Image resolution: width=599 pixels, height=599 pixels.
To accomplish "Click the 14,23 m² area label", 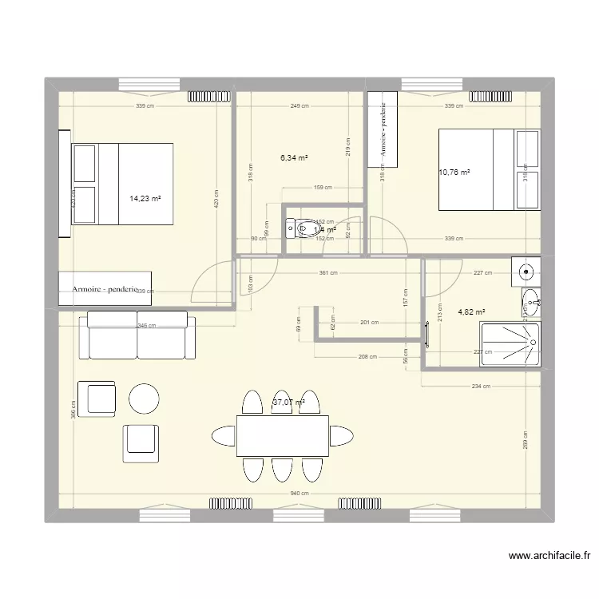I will click(145, 199).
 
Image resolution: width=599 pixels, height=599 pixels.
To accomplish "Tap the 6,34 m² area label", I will click(294, 158).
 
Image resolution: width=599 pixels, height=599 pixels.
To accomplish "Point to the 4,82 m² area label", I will click(471, 312).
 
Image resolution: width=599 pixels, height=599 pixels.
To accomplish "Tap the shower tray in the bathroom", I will click(510, 343).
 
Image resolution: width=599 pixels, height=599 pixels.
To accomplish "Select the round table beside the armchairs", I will click(145, 398).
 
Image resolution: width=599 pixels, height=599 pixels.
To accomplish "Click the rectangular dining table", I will click(283, 435).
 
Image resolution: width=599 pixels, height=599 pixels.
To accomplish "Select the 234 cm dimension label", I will click(481, 387).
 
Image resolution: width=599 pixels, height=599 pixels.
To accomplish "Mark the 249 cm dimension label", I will click(299, 105).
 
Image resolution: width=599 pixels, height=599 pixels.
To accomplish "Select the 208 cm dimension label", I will click(367, 356).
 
